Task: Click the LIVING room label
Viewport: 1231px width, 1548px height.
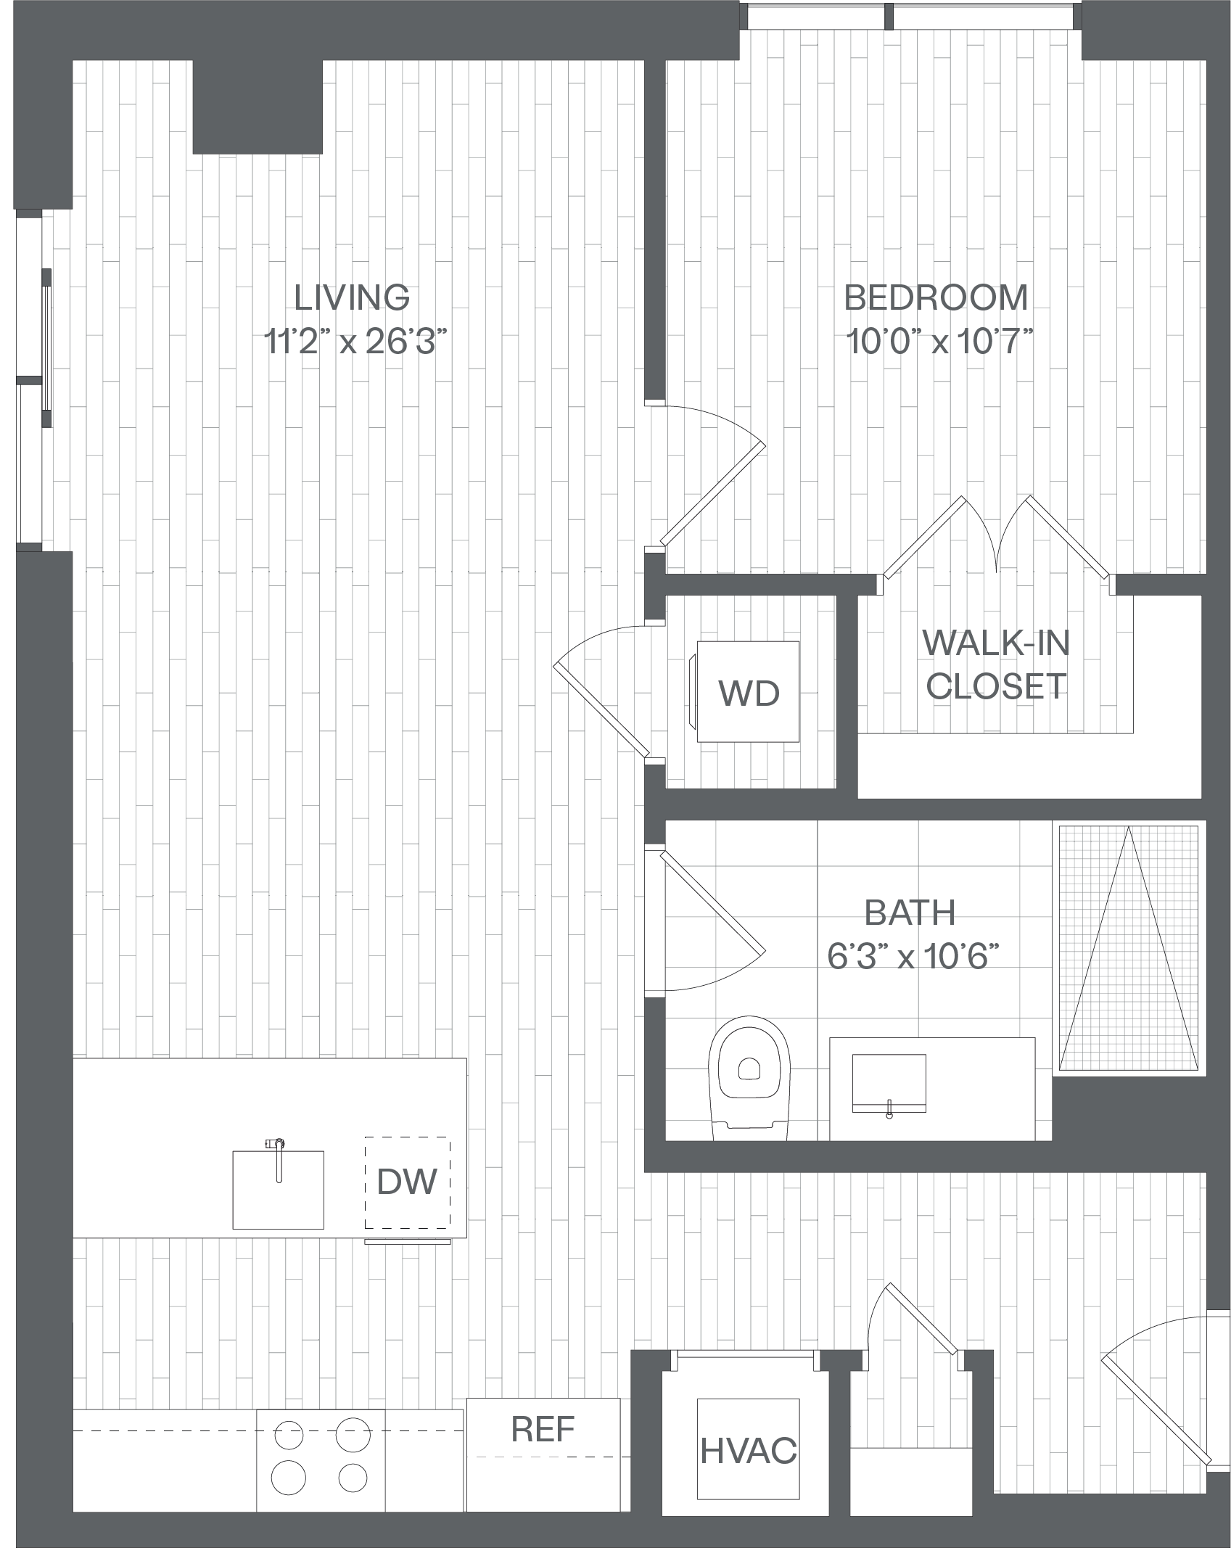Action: [352, 297]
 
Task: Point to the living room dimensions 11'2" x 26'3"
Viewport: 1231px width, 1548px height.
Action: [355, 341]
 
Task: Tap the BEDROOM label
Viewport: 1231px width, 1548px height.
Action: [936, 297]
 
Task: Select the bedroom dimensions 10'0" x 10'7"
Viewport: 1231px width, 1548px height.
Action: [939, 341]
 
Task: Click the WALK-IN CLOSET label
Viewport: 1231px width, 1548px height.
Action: [996, 664]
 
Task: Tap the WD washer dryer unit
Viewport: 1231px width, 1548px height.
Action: [747, 691]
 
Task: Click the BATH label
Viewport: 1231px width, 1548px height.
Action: [910, 913]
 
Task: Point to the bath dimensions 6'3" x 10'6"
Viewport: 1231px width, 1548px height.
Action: [913, 956]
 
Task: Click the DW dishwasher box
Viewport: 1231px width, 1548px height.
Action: [407, 1182]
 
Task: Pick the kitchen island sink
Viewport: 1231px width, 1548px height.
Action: [278, 1190]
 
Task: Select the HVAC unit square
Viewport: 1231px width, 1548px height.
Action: [748, 1449]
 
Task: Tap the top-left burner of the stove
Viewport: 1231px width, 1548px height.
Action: [288, 1435]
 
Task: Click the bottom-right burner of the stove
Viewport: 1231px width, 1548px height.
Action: [353, 1478]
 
